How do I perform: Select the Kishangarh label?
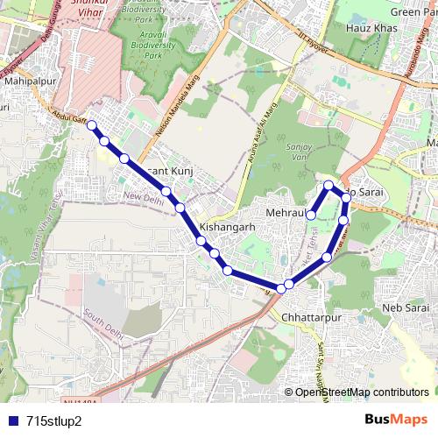pos(227,225)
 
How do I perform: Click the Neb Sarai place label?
pos(405,308)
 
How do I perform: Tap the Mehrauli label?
pos(284,213)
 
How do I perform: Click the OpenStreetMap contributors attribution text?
pos(361,392)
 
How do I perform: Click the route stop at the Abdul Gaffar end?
pos(91,125)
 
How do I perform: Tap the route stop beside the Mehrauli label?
pos(310,213)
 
